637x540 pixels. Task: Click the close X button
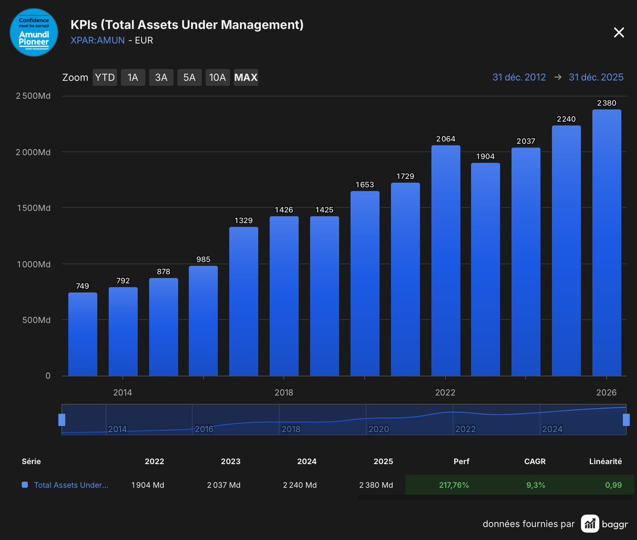tap(619, 33)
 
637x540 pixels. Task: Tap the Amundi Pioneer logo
tap(34, 32)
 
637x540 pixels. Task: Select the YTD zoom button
tap(105, 78)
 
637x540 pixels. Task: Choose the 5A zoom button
tap(189, 78)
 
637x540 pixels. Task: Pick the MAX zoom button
tap(246, 78)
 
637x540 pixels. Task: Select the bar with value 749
tap(83, 334)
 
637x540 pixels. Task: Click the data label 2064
tap(446, 139)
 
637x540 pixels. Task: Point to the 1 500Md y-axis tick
tap(33, 208)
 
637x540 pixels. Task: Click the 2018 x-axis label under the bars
tap(284, 392)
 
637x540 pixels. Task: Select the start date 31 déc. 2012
tap(519, 78)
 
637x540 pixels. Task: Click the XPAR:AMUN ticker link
tap(98, 40)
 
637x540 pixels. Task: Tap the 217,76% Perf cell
tap(454, 485)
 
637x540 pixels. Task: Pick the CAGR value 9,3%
tap(536, 485)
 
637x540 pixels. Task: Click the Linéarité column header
tap(605, 461)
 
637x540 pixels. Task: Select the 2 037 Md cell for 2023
tap(224, 485)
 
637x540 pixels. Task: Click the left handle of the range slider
tap(62, 420)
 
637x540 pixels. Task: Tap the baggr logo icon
tap(590, 524)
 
